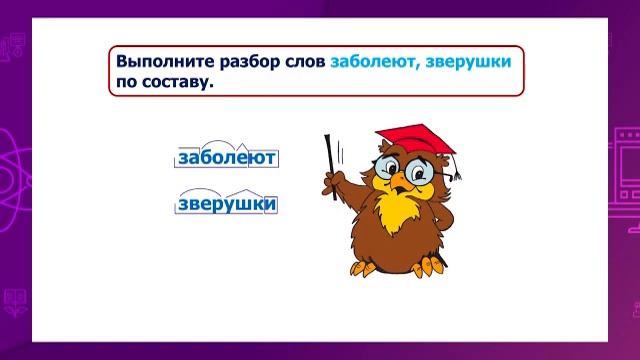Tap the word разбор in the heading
(242, 62)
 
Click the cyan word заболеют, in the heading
(374, 62)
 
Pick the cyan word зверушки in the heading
(468, 62)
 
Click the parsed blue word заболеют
(226, 158)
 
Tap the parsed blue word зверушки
(226, 205)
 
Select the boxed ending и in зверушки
(269, 205)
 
